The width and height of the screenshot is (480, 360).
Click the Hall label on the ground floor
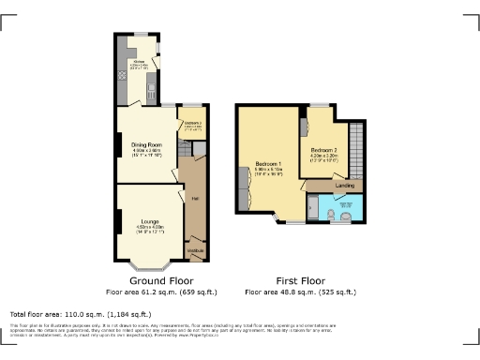coord(195,198)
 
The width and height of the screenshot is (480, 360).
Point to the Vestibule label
coord(196,250)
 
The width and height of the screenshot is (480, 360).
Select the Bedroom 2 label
coord(323,149)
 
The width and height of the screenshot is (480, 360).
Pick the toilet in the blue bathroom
coord(345,216)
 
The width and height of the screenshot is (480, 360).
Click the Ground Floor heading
coord(161,280)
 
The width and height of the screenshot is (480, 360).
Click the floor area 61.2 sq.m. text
coord(161,292)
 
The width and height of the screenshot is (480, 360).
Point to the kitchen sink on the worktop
coord(150,90)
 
